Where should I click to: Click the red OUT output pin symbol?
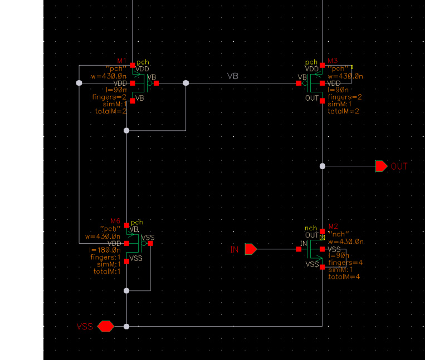(381, 166)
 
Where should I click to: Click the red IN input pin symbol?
(251, 249)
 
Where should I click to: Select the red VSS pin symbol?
(105, 327)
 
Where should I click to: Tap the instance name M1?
(122, 61)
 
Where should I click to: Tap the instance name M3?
(333, 61)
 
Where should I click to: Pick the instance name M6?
(123, 221)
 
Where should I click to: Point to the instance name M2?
(333, 226)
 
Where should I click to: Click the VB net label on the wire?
(233, 76)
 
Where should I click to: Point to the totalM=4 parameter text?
(344, 277)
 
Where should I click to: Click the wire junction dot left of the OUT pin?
(323, 166)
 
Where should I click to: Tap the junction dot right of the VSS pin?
(126, 327)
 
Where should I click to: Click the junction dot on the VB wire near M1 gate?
(186, 83)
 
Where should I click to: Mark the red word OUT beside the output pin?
(399, 166)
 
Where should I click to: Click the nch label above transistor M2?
(310, 228)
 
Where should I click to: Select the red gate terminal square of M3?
(299, 83)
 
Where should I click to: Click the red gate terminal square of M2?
(295, 249)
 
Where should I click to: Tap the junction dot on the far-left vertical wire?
(79, 83)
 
